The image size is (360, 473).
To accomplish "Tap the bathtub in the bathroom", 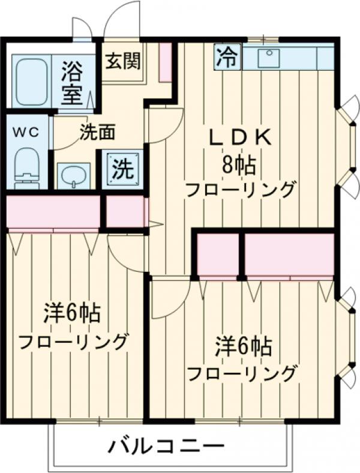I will click(31, 82).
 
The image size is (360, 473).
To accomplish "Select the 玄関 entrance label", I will click(123, 61).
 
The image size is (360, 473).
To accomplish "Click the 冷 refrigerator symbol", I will click(227, 58).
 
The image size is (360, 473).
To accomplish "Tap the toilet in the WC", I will click(26, 165).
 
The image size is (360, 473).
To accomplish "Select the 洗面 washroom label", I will click(98, 131).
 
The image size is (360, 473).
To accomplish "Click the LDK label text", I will click(240, 138).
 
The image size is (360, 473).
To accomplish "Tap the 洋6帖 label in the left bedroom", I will click(71, 313).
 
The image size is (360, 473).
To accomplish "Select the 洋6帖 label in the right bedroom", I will click(244, 346).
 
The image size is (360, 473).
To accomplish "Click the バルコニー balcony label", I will click(166, 446).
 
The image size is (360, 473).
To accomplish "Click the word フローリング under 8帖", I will click(240, 190).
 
